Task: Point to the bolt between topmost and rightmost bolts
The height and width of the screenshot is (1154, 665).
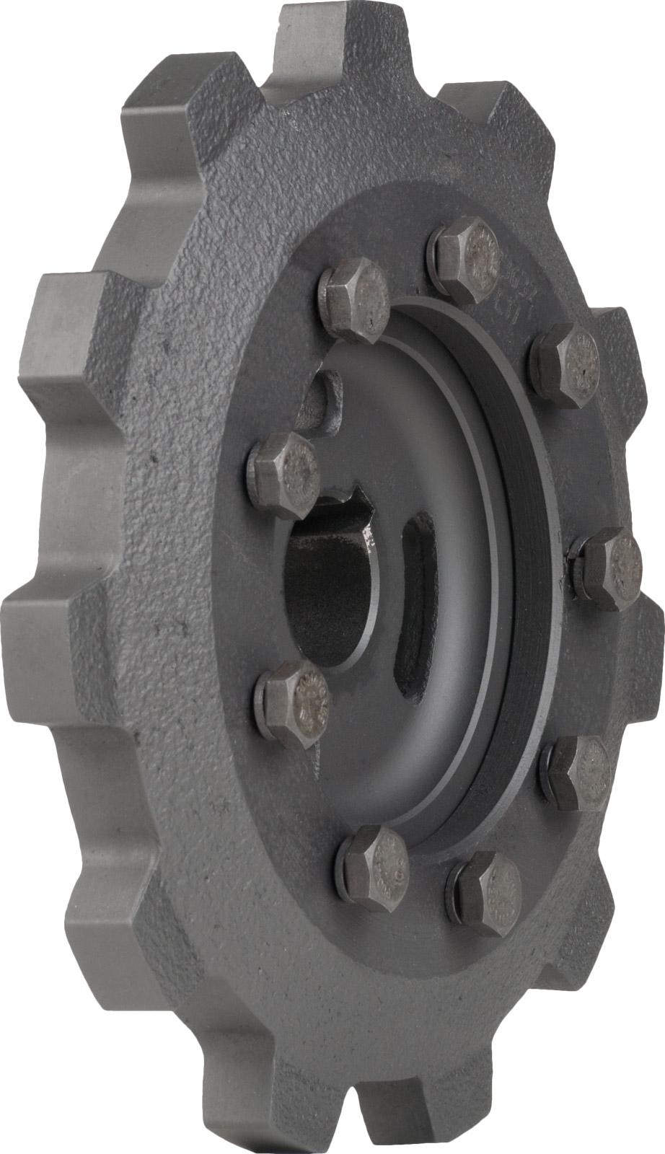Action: [x=567, y=364]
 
